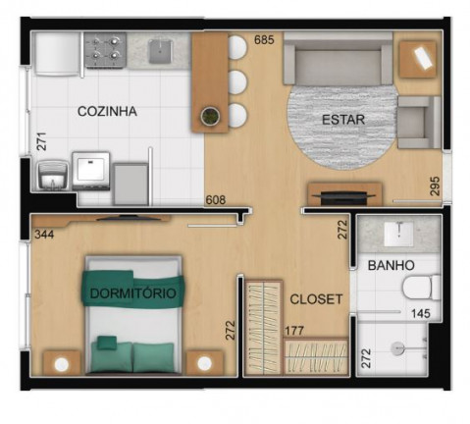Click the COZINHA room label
(x=107, y=112)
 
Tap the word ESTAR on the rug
(x=343, y=120)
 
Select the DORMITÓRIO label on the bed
(x=133, y=293)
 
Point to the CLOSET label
(x=316, y=299)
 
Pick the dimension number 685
(x=264, y=40)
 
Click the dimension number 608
(x=216, y=200)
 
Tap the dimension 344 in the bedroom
(x=44, y=235)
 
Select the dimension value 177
(x=294, y=331)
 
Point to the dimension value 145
(x=421, y=313)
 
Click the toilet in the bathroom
(x=422, y=288)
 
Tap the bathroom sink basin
(x=398, y=234)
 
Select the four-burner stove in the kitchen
(x=105, y=50)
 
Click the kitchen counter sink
(x=160, y=51)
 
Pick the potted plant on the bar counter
(x=210, y=116)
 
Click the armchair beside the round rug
(x=419, y=122)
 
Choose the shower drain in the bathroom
(x=397, y=348)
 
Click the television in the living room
(x=344, y=197)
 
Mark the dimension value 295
(x=435, y=186)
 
